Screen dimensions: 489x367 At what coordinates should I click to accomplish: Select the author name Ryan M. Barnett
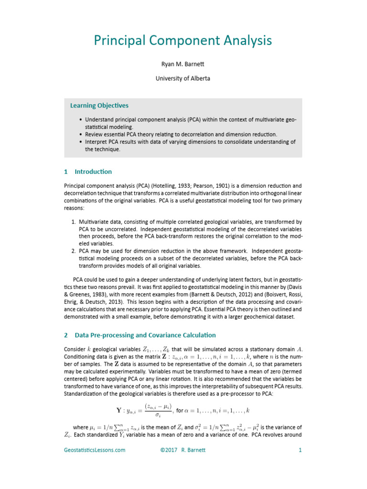click(183, 64)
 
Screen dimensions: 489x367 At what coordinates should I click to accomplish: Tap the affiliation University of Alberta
click(183, 78)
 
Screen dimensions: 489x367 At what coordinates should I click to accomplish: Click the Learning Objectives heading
click(99, 106)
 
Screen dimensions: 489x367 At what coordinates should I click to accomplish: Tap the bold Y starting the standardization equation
click(119, 410)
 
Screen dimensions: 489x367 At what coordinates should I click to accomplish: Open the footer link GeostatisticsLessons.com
click(95, 450)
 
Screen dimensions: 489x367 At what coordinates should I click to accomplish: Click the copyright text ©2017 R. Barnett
click(183, 450)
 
